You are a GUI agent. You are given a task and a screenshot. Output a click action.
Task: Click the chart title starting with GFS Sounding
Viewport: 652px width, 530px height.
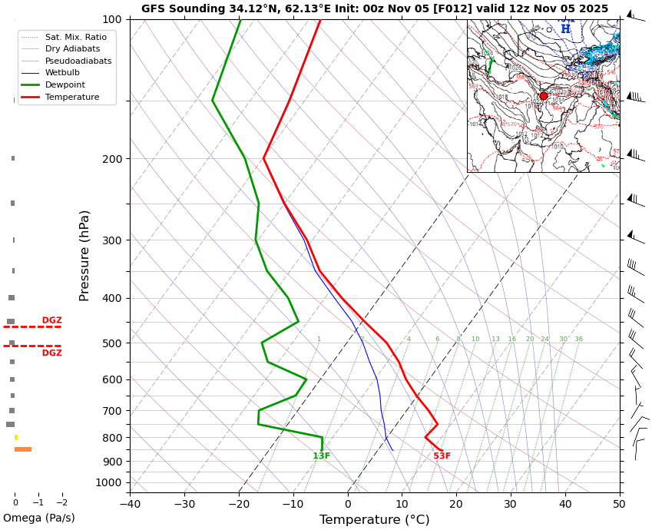point(375,9)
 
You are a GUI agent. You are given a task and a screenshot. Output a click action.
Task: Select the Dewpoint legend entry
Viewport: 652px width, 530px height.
point(65,85)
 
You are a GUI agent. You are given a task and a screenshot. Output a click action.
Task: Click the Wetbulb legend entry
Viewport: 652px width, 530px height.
point(65,73)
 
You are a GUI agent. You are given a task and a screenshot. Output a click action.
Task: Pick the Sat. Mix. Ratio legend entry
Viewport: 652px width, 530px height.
point(75,37)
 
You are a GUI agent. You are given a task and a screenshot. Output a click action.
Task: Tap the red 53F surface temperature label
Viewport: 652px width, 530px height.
point(442,456)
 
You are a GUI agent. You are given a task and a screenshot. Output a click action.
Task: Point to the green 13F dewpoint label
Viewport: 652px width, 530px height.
point(321,456)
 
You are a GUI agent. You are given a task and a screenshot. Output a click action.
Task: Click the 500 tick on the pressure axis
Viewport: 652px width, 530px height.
point(112,343)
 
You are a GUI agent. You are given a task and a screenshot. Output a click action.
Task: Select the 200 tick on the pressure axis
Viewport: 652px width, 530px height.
point(112,159)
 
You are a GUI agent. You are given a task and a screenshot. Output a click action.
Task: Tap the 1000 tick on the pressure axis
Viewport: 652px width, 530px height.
point(109,482)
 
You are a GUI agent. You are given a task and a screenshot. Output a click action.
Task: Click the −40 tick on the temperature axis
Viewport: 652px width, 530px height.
point(130,504)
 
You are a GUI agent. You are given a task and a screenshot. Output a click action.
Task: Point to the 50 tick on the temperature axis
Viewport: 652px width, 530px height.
point(619,504)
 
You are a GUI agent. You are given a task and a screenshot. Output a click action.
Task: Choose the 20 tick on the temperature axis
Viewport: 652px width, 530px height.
point(456,504)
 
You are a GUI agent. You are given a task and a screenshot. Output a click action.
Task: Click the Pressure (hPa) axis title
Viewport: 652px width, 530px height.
point(85,255)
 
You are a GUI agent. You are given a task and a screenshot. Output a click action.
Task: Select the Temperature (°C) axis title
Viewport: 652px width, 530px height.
point(374,520)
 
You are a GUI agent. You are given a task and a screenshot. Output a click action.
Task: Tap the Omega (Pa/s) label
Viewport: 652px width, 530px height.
point(39,518)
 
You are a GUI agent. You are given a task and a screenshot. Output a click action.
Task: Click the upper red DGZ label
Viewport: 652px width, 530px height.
point(52,320)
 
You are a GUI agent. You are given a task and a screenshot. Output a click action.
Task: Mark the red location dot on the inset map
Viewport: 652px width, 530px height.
point(544,96)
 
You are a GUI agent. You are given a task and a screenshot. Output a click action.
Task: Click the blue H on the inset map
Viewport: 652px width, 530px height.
point(565,29)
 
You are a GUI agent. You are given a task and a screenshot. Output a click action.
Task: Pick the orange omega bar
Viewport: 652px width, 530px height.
point(23,449)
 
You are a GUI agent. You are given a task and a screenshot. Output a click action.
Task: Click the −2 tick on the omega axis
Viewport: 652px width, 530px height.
point(61,502)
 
